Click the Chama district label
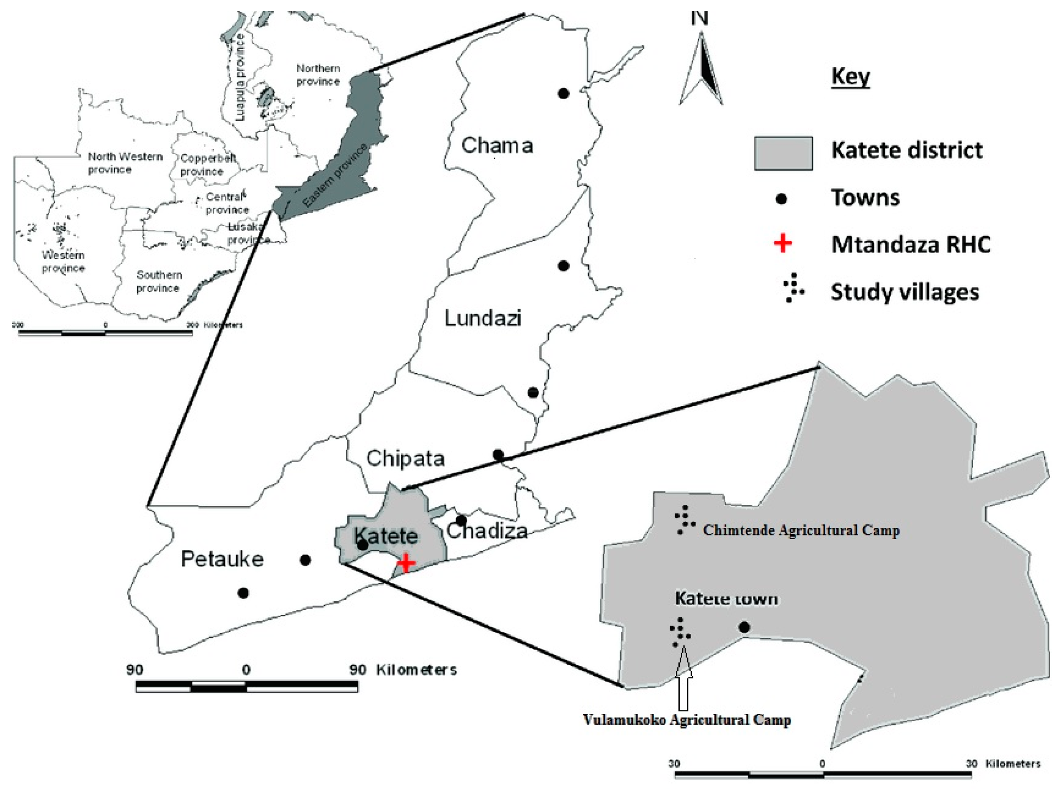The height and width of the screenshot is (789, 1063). [497, 145]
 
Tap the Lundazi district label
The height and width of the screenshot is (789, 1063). [482, 318]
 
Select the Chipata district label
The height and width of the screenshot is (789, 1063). [405, 458]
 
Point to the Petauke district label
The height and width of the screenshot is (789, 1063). [222, 559]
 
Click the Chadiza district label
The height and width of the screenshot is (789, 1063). [487, 531]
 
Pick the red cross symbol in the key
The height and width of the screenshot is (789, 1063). [783, 244]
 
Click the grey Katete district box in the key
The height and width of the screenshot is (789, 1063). [783, 153]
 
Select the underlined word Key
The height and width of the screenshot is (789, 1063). [850, 76]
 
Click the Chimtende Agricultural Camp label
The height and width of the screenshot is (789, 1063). [801, 530]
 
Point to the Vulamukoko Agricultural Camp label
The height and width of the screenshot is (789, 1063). [686, 720]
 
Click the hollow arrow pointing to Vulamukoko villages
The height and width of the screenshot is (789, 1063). [684, 678]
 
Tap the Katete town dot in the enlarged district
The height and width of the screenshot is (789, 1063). [744, 627]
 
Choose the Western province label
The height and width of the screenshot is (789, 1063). [63, 261]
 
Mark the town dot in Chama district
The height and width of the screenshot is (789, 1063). [563, 93]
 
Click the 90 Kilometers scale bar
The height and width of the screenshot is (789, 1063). [247, 687]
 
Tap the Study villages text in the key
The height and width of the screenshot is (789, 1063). [905, 291]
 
